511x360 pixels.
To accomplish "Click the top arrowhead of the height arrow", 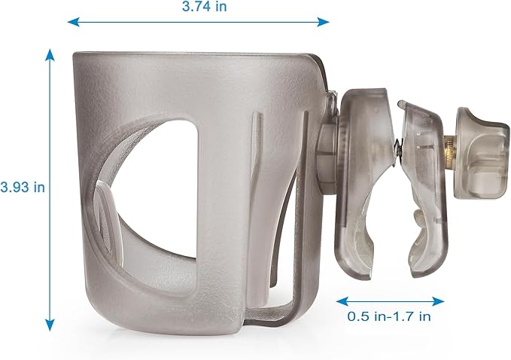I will pyautogui.click(x=50, y=54).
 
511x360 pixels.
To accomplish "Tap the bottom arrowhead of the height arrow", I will pyautogui.click(x=50, y=325).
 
